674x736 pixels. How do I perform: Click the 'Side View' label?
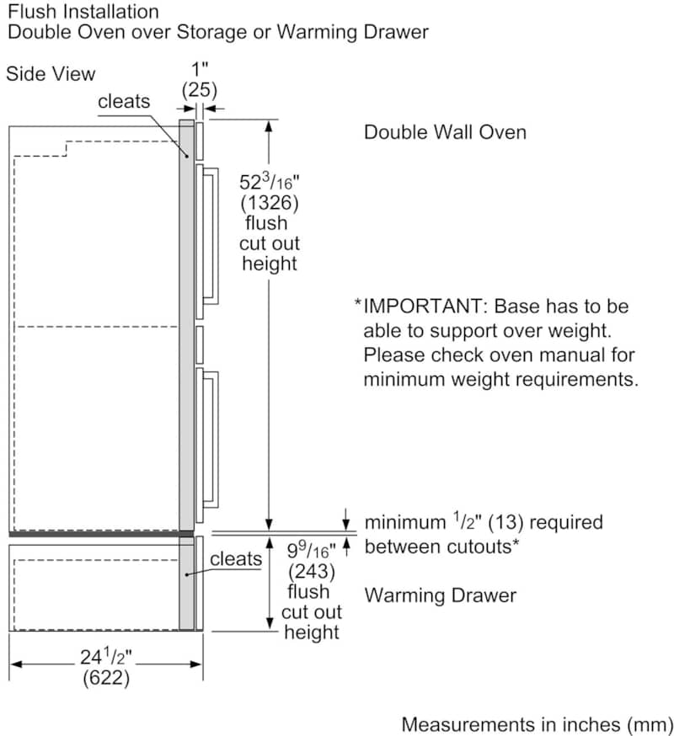click(x=51, y=74)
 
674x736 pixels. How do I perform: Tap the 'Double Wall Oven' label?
click(x=445, y=132)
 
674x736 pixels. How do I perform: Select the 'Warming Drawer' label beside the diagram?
click(x=440, y=595)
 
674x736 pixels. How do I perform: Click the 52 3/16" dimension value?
click(x=269, y=181)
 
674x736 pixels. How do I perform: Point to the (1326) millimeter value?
click(x=270, y=202)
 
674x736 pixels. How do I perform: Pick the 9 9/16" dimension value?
click(x=311, y=550)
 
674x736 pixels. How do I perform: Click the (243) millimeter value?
click(x=312, y=571)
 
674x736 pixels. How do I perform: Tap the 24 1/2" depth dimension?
click(x=105, y=656)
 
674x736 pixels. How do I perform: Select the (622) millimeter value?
click(x=105, y=678)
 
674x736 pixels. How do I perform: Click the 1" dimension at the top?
click(x=200, y=69)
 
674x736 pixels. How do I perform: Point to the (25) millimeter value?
click(x=200, y=89)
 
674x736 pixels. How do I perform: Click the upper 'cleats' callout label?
click(x=124, y=101)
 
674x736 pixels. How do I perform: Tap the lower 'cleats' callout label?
click(x=236, y=558)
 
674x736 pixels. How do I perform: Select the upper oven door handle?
click(x=211, y=236)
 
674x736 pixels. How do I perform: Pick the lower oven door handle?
click(x=211, y=440)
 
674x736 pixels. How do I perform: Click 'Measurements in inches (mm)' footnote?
click(x=538, y=725)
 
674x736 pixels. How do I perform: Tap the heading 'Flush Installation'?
click(x=83, y=11)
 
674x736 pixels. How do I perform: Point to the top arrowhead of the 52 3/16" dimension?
click(x=269, y=126)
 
